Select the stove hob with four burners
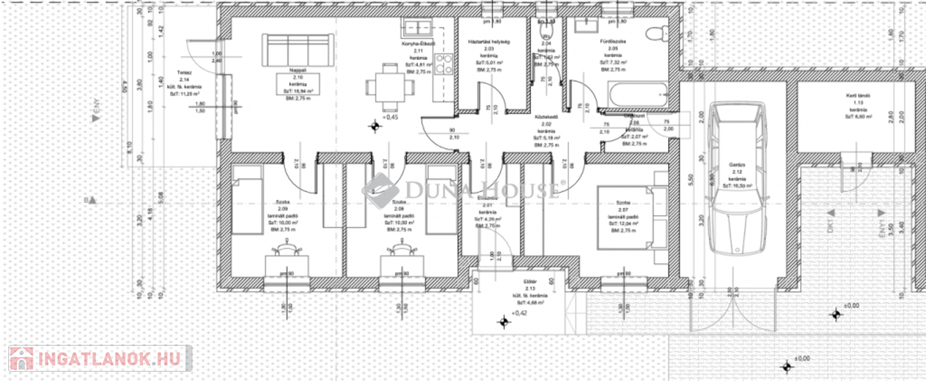point(443,64)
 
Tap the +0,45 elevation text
point(390,118)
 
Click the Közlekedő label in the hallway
point(544,118)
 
